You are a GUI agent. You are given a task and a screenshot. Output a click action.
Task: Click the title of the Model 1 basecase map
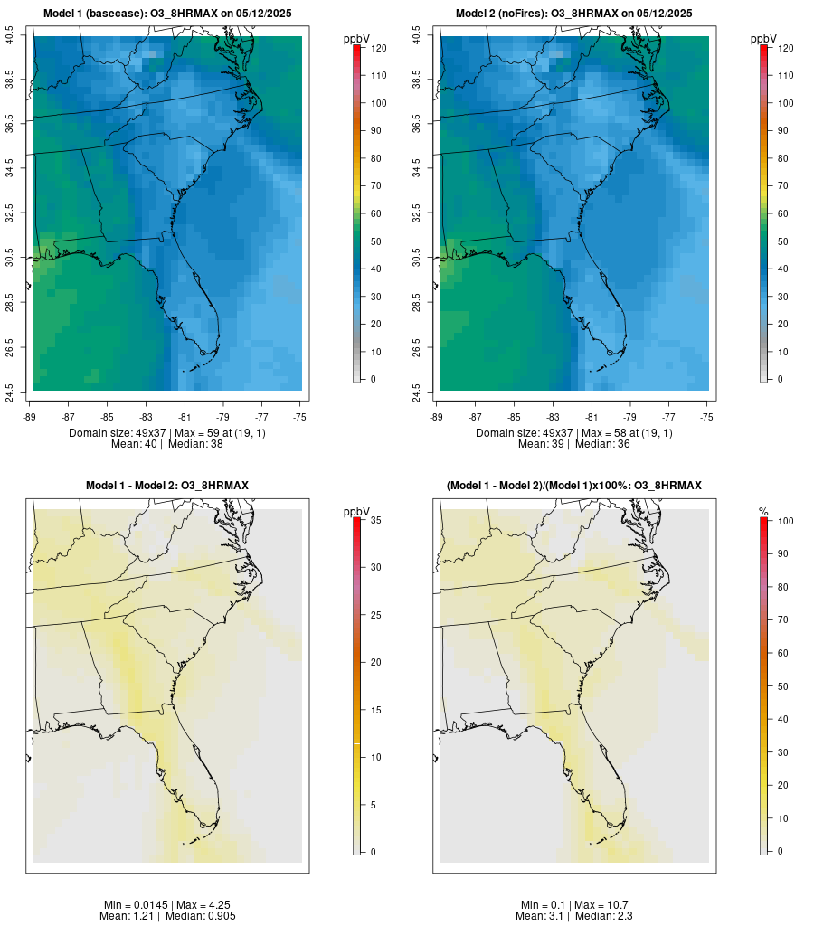[x=167, y=14]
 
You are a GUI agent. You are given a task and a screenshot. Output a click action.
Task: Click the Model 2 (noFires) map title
[x=574, y=14]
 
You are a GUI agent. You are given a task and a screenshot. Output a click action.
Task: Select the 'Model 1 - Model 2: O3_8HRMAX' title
[x=167, y=486]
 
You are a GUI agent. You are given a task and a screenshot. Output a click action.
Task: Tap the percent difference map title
[x=574, y=486]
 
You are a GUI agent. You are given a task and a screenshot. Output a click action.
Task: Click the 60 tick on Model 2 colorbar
[x=783, y=213]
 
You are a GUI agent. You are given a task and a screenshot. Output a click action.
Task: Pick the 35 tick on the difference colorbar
[x=376, y=520]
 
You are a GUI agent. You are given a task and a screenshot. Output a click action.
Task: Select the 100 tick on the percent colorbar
[x=782, y=521]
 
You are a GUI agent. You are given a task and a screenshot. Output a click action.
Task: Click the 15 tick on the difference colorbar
[x=376, y=710]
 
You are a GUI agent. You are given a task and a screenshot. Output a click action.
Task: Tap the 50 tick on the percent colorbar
[x=782, y=686]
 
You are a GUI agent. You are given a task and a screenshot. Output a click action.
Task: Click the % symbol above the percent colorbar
[x=763, y=512]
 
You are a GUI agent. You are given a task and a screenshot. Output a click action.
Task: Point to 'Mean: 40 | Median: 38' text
[x=167, y=445]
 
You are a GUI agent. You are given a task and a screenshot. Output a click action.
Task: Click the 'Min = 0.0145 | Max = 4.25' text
[x=167, y=905]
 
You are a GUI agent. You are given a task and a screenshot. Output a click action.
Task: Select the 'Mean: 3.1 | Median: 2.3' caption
[x=574, y=916]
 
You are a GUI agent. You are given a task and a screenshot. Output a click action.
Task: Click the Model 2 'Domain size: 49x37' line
[x=574, y=433]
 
